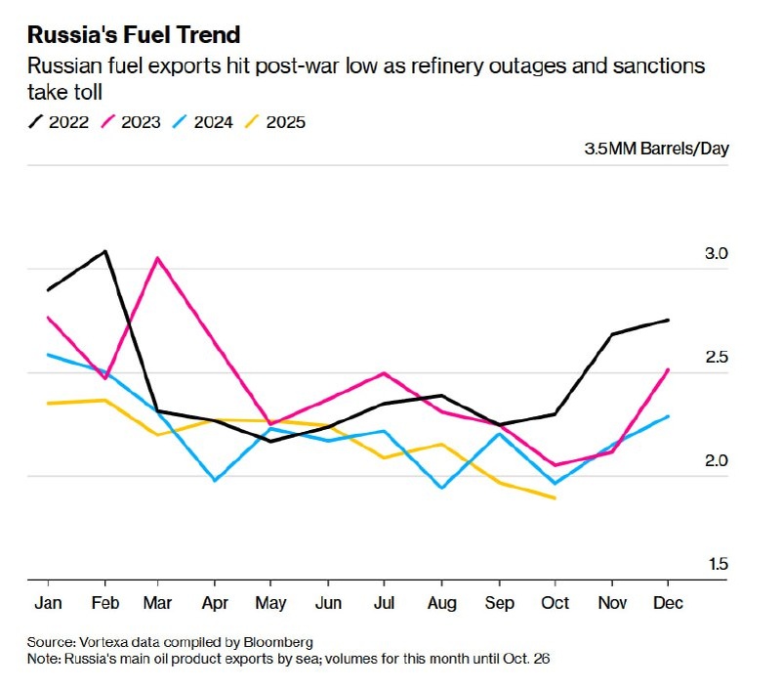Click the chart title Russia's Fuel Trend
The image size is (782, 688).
[x=134, y=36]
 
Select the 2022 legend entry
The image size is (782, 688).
[x=60, y=122]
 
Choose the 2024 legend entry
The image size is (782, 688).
[x=204, y=122]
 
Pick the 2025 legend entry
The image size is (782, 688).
[x=276, y=122]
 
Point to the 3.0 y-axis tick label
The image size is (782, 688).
[x=717, y=254]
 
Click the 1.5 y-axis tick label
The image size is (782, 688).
[x=717, y=564]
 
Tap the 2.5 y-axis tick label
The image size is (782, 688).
[x=717, y=358]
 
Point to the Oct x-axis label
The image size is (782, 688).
[x=555, y=603]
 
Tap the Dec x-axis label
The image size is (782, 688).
[x=668, y=603]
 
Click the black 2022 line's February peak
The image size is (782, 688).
[x=104, y=251]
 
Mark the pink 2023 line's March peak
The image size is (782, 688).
[x=158, y=258]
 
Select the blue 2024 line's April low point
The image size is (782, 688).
[x=215, y=480]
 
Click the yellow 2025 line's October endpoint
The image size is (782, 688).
[x=555, y=498]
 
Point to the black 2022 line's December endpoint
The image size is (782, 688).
[x=668, y=321]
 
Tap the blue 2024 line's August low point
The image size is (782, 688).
[x=442, y=487]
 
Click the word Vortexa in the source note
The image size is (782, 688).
[x=108, y=642]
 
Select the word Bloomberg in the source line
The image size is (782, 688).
[x=279, y=642]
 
